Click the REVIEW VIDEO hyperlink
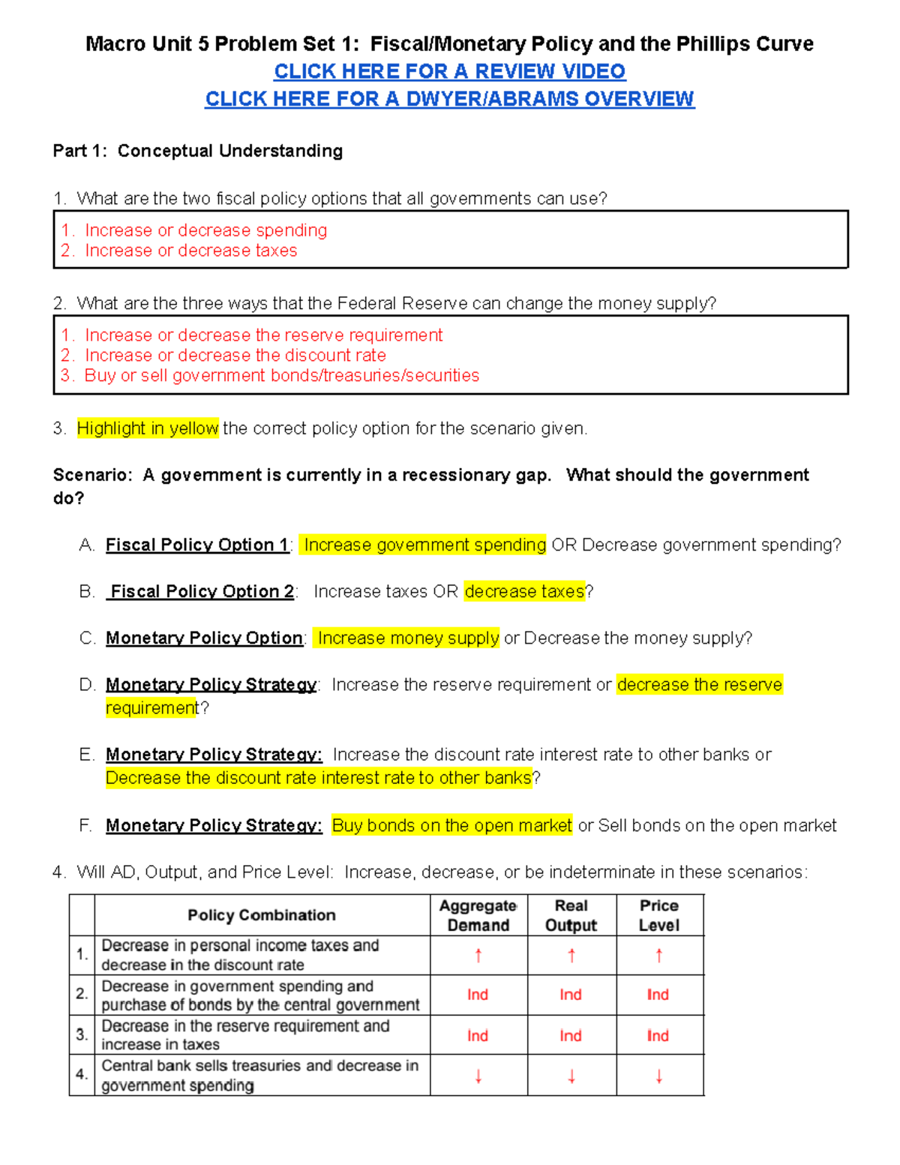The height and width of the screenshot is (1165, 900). point(449,71)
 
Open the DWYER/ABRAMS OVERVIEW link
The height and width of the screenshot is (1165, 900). point(449,99)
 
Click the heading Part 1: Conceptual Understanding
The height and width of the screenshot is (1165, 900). point(197,151)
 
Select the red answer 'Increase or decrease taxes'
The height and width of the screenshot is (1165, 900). point(190,251)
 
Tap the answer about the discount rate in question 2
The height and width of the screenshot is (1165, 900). point(235,355)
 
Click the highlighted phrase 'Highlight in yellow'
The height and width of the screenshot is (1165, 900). point(148,428)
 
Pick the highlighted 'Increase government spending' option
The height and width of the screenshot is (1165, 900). point(424,545)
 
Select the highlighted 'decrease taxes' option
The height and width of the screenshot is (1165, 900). point(524,591)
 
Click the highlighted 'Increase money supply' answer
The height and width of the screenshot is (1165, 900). point(408,638)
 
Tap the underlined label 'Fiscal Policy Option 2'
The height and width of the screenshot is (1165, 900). point(202,591)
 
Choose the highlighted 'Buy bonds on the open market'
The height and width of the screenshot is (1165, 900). point(451,825)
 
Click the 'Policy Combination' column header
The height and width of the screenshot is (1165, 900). point(261,915)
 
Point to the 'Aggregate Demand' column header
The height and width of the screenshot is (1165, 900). point(478,915)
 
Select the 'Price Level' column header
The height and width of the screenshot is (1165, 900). point(658,915)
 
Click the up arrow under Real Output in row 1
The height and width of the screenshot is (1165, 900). point(571,955)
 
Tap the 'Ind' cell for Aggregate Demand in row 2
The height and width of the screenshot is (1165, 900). point(478,995)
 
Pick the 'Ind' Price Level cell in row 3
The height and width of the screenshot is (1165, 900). point(658,1035)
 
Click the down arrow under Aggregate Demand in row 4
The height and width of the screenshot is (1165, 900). point(478,1076)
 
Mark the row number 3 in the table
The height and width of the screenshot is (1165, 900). point(82,1034)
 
